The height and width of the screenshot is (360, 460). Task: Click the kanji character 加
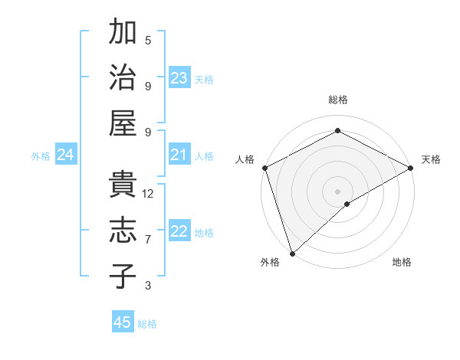tap(123, 34)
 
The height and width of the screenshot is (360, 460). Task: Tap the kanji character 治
tap(123, 78)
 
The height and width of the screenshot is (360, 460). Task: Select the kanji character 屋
tap(123, 123)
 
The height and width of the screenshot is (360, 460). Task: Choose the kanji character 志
tap(123, 231)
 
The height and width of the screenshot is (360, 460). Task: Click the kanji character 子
tap(123, 275)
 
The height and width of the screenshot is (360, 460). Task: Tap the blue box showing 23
tap(179, 78)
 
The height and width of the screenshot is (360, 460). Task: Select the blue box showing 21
tap(179, 155)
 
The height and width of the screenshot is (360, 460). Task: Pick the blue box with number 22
tap(179, 232)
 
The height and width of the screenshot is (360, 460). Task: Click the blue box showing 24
tap(66, 155)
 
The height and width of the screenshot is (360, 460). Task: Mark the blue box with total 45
tap(123, 322)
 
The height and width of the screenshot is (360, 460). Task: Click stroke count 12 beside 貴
tap(149, 194)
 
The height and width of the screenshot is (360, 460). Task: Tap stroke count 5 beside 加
tap(148, 41)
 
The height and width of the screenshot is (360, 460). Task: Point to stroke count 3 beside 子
tap(148, 286)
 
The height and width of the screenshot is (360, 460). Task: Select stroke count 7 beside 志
tap(148, 240)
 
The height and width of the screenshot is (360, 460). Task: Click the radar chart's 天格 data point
tap(410, 168)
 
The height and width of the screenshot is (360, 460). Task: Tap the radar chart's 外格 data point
tap(291, 254)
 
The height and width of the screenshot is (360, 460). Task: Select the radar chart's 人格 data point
tap(264, 168)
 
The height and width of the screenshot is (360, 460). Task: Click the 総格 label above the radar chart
tap(337, 100)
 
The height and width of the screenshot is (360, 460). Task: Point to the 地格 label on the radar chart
tap(402, 262)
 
